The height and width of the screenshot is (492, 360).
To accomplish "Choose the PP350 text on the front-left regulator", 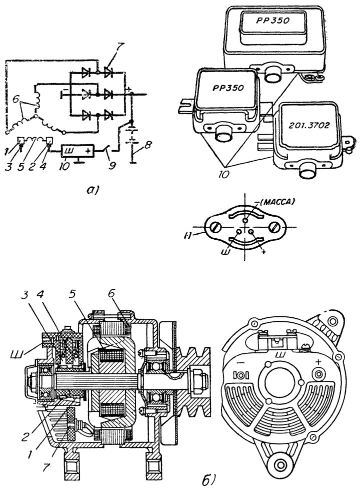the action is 227,88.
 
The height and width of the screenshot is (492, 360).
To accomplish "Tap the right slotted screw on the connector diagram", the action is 275,226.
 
